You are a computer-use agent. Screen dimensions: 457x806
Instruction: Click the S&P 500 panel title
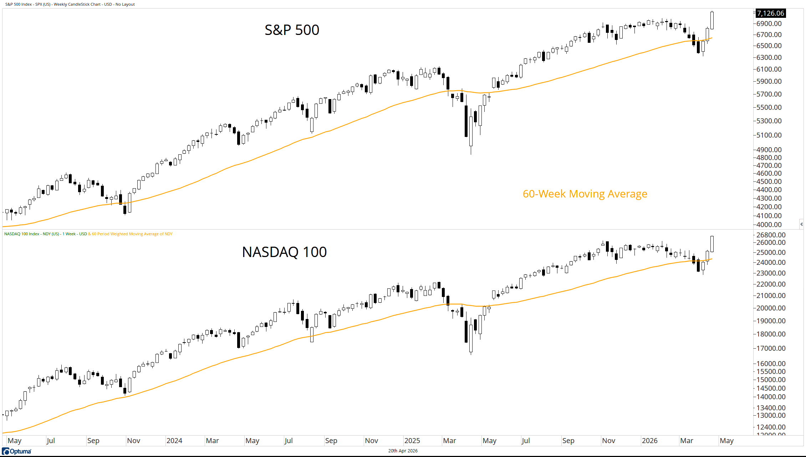[292, 30]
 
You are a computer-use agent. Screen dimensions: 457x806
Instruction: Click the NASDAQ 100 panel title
[284, 252]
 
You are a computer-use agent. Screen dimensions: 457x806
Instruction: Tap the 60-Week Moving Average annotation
[585, 194]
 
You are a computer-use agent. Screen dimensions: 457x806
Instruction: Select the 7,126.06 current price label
[770, 13]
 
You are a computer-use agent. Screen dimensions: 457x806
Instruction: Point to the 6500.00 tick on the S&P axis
[769, 46]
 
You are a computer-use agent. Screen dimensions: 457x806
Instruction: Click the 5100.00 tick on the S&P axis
[769, 135]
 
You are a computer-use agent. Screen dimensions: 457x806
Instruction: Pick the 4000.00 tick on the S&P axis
[769, 225]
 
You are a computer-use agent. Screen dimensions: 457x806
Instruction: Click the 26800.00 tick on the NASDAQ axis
[771, 235]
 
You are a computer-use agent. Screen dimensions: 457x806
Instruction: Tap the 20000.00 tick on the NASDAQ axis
[771, 308]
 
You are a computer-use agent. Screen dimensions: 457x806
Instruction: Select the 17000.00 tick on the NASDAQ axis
[771, 348]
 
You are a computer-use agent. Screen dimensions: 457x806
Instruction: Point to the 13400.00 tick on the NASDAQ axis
[771, 408]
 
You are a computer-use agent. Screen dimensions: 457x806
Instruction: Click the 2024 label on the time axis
[174, 441]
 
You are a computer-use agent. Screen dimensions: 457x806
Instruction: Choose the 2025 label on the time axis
[412, 441]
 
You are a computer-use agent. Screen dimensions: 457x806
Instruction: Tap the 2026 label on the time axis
[649, 441]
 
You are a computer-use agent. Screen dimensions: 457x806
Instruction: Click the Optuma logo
[17, 451]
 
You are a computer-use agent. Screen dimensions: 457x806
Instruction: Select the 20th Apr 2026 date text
[403, 451]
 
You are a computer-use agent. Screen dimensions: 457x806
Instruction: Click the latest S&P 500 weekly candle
[712, 20]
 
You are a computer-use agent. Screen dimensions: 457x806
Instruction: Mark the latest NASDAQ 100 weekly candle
[712, 244]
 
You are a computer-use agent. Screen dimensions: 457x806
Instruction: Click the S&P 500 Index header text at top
[70, 4]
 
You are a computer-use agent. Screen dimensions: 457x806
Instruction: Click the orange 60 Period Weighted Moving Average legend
[132, 234]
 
